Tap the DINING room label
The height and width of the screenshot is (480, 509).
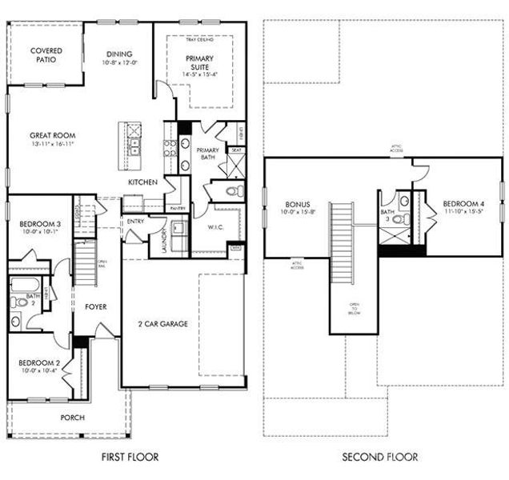pyautogui.click(x=118, y=54)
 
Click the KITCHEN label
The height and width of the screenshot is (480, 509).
pyautogui.click(x=142, y=182)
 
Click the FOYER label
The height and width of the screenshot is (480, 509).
pyautogui.click(x=95, y=306)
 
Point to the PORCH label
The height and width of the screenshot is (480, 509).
pyautogui.click(x=74, y=418)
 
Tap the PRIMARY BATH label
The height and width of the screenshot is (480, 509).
pyautogui.click(x=207, y=154)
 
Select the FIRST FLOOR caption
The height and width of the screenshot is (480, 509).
pyautogui.click(x=130, y=458)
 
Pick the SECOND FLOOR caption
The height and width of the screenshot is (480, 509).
pyautogui.click(x=379, y=458)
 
